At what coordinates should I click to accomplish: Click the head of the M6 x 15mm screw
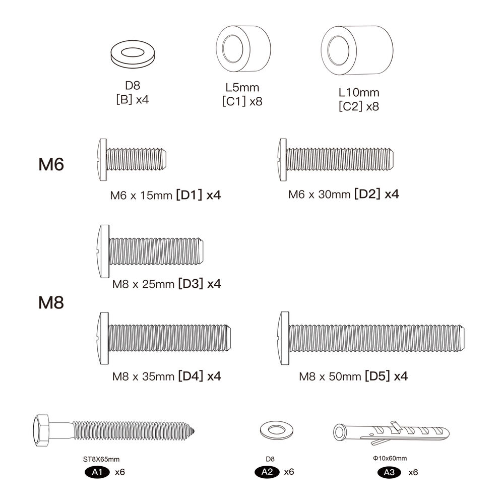coord(102,160)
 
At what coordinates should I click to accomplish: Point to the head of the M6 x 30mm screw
coord(282,160)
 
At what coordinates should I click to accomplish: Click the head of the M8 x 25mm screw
coord(103,251)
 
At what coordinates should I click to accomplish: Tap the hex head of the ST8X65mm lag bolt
coord(42,430)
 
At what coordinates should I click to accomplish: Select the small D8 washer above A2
coord(276,430)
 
